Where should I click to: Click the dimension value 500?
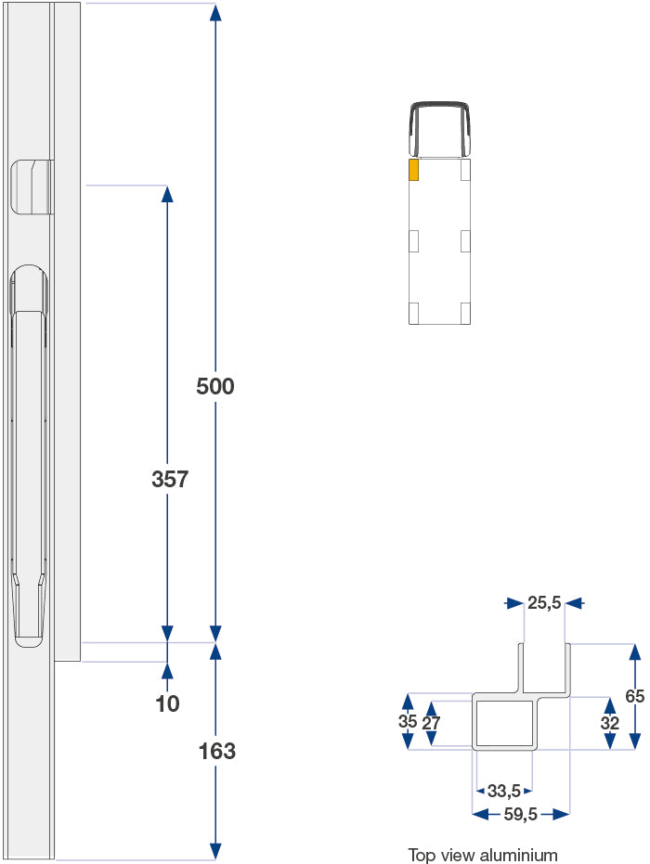pyautogui.click(x=215, y=386)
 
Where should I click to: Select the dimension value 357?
pyautogui.click(x=170, y=480)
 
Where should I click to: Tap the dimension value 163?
pyautogui.click(x=217, y=751)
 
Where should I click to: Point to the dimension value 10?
pyautogui.click(x=168, y=703)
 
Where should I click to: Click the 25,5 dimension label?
pyautogui.click(x=544, y=603)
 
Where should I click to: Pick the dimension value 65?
pyautogui.click(x=635, y=696)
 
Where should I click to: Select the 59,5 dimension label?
pyautogui.click(x=520, y=814)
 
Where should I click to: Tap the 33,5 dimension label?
pyautogui.click(x=503, y=791)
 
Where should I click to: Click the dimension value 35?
pyautogui.click(x=407, y=721)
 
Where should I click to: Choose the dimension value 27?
pyautogui.click(x=432, y=723)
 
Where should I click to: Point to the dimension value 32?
pyautogui.click(x=610, y=723)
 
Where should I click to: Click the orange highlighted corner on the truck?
pyautogui.click(x=414, y=169)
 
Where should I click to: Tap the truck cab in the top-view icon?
pyautogui.click(x=439, y=129)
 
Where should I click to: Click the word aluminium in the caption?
pyautogui.click(x=520, y=855)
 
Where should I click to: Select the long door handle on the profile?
pyautogui.click(x=28, y=455)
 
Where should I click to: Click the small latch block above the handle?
pyautogui.click(x=30, y=187)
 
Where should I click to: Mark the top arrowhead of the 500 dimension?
pyautogui.click(x=215, y=11)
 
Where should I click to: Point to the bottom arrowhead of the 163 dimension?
pyautogui.click(x=215, y=851)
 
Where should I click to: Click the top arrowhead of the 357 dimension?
pyautogui.click(x=167, y=193)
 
